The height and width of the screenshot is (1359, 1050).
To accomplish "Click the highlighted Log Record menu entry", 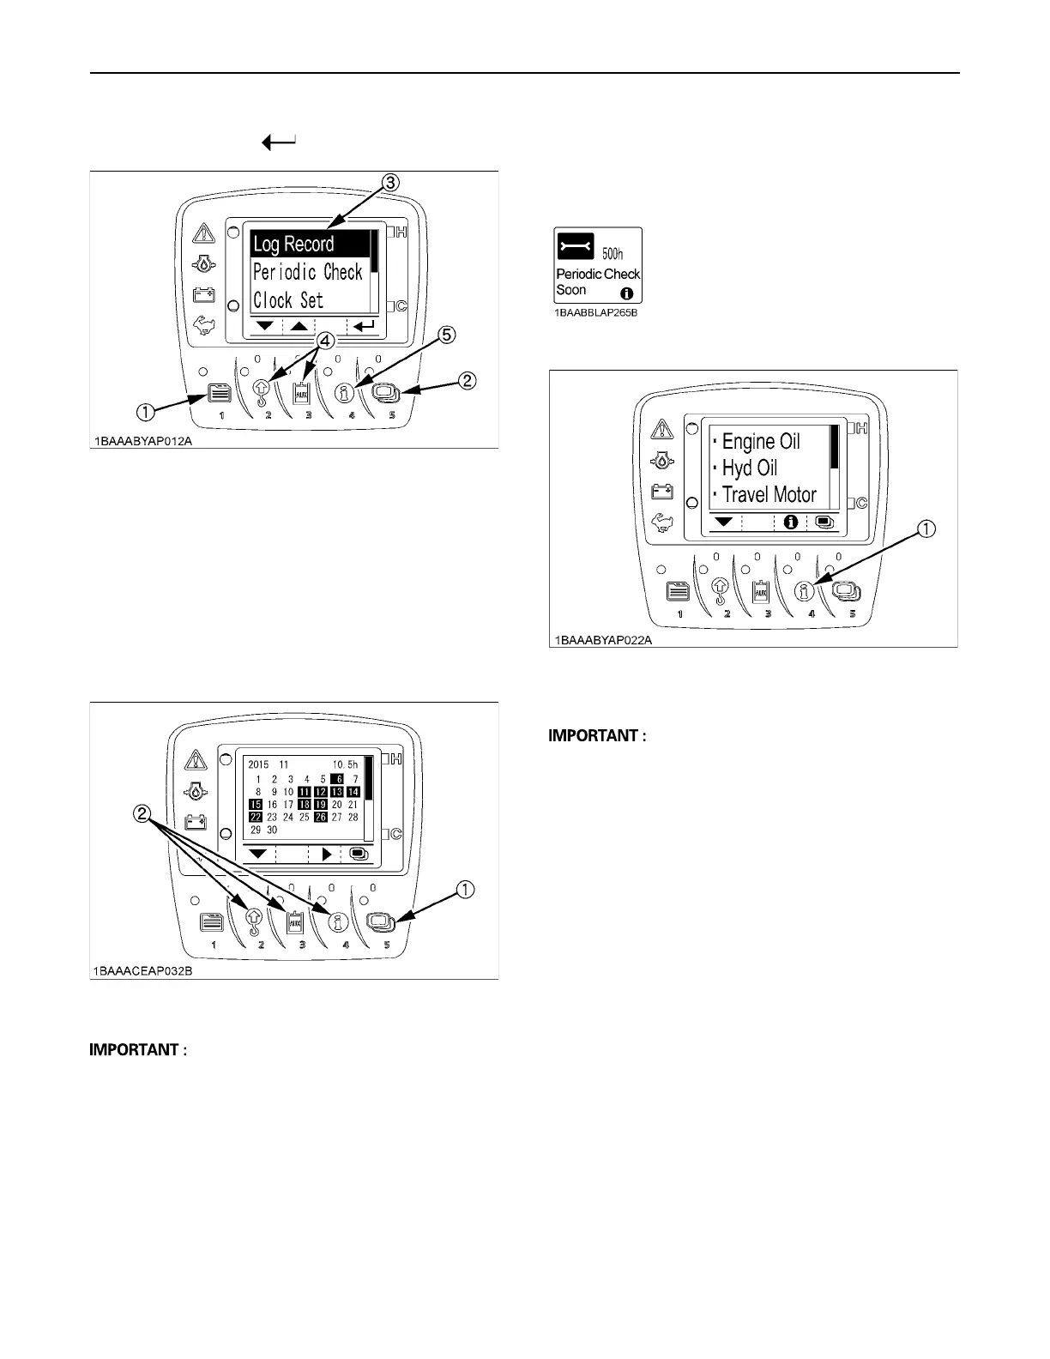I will (294, 245).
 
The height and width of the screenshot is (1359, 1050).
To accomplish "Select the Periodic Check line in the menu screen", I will (307, 273).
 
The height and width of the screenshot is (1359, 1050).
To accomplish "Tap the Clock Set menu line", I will (288, 301).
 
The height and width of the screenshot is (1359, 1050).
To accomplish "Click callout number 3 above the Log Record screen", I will (389, 182).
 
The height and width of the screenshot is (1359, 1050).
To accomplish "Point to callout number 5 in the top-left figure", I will (447, 335).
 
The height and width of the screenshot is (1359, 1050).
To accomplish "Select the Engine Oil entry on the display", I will (760, 441).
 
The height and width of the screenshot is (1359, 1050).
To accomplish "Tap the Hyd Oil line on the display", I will (749, 468).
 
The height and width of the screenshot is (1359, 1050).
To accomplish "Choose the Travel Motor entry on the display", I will (769, 495).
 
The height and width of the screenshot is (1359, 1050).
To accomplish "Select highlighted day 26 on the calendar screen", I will (320, 818).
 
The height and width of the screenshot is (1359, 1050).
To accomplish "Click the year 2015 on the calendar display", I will (258, 764).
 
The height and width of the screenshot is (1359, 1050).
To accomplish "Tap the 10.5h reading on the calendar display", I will (345, 764).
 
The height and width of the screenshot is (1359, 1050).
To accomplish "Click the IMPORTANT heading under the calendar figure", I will (137, 1050).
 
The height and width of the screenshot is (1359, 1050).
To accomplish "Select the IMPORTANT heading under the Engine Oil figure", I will (596, 736).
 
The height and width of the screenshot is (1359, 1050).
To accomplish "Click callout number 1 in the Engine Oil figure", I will (926, 530).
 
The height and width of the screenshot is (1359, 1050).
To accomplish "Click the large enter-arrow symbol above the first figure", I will (280, 142).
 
